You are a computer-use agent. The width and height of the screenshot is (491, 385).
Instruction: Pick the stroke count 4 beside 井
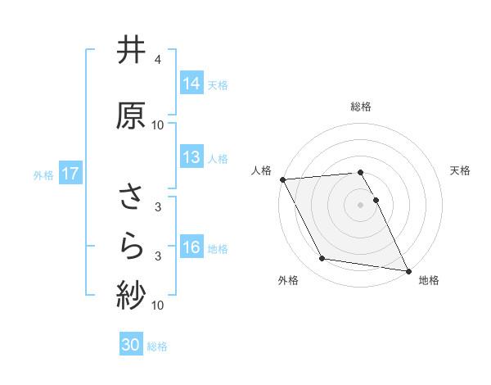click(158, 60)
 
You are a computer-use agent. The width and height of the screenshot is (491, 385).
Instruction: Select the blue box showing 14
click(191, 83)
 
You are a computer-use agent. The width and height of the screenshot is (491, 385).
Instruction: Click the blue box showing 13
click(191, 157)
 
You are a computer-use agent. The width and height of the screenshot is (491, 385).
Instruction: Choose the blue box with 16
click(191, 247)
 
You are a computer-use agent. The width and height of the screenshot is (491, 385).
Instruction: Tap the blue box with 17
click(70, 174)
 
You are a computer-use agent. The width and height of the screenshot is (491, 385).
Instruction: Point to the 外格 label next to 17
click(43, 174)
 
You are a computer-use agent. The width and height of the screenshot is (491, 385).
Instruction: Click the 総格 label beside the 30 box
click(157, 346)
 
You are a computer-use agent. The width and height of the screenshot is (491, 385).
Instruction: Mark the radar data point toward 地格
click(407, 269)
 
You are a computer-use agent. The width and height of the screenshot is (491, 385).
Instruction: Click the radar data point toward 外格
click(322, 259)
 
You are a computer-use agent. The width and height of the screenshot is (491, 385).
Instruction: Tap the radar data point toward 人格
click(282, 179)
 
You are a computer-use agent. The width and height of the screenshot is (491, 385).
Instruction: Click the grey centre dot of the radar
click(361, 204)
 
